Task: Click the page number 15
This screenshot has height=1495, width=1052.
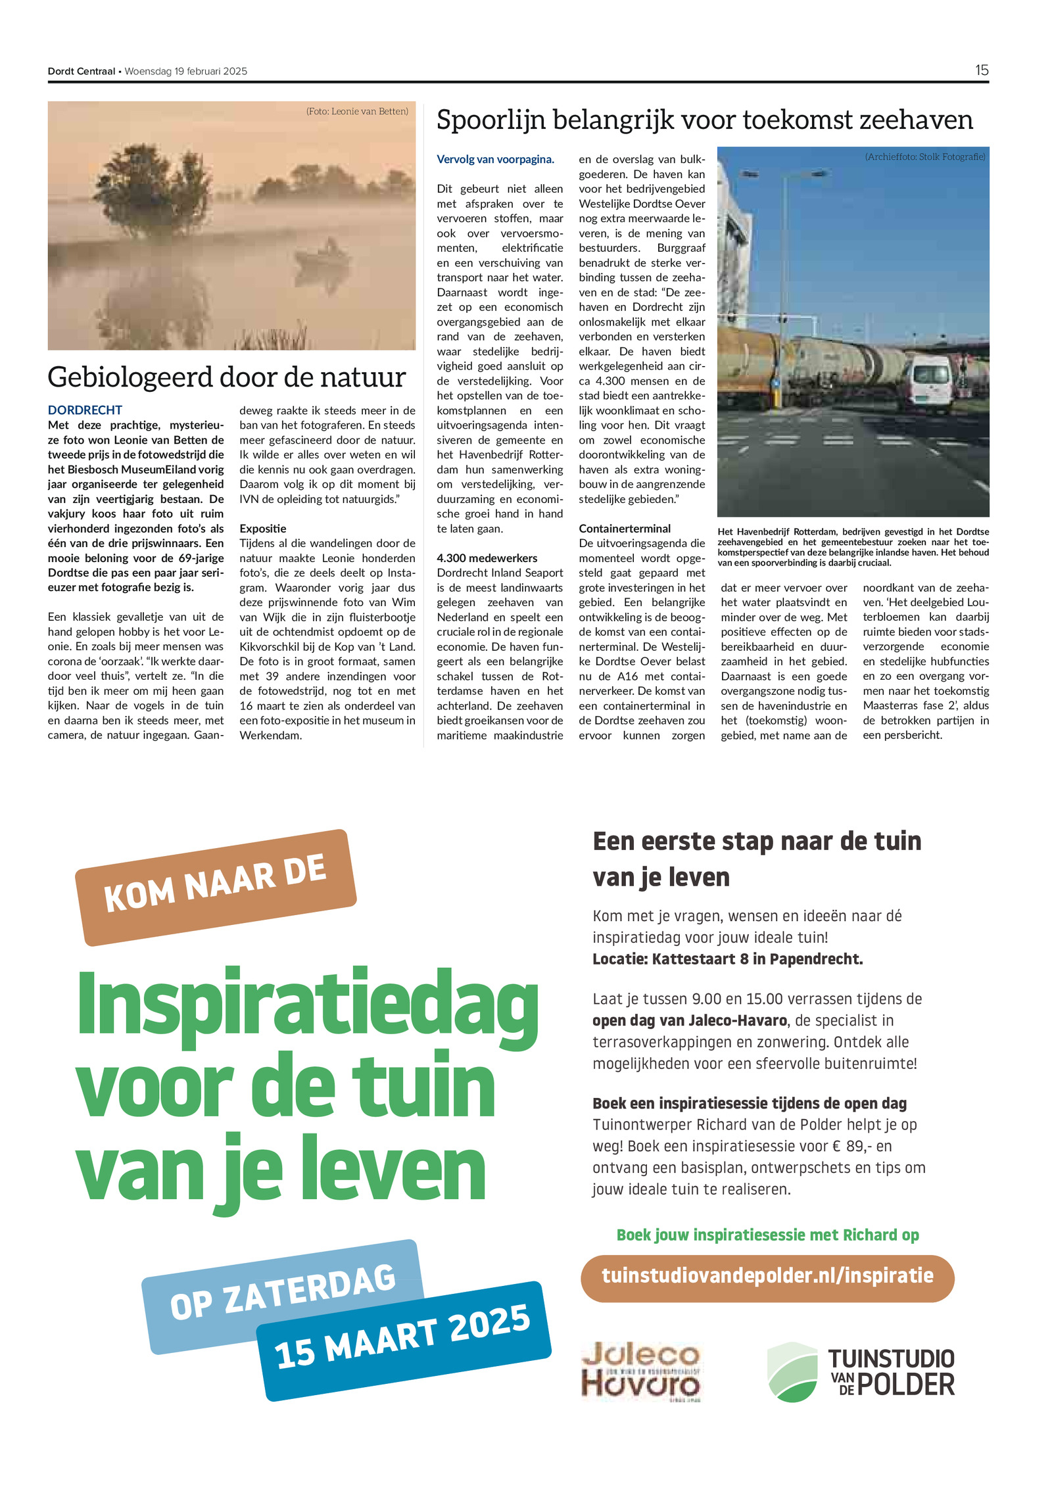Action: (981, 70)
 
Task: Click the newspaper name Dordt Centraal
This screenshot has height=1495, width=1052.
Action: (82, 72)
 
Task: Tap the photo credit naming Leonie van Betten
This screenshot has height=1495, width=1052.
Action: (357, 112)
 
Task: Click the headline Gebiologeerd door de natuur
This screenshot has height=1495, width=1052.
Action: (226, 377)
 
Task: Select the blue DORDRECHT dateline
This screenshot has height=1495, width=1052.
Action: (85, 410)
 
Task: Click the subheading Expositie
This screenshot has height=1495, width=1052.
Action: (262, 529)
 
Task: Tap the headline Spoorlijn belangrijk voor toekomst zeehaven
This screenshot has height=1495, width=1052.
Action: (704, 120)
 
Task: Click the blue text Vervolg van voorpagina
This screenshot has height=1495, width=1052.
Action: (495, 159)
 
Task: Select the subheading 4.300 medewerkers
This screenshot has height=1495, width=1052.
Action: (487, 558)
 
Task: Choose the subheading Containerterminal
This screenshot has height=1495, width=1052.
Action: (624, 529)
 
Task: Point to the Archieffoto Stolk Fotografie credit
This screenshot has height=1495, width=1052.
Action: (924, 157)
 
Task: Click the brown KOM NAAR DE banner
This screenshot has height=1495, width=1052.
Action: (216, 886)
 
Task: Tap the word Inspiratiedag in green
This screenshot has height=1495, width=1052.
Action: (308, 1011)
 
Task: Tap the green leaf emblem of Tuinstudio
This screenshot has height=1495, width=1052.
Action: (792, 1371)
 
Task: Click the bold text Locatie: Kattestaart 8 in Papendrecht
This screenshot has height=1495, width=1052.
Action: (727, 959)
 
